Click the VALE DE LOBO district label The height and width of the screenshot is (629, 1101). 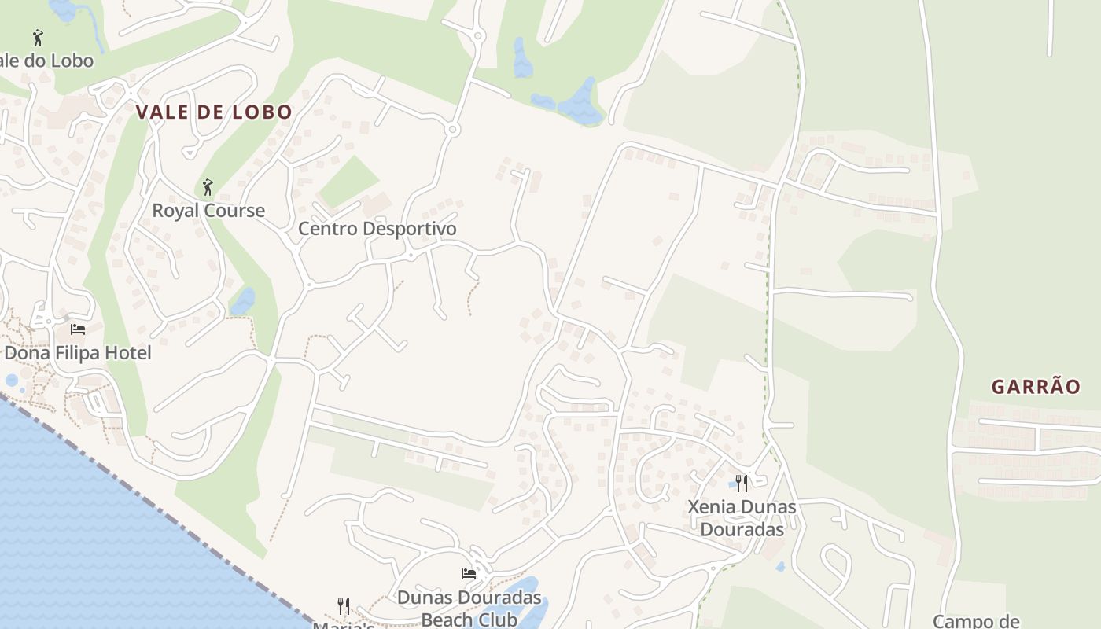coord(214,112)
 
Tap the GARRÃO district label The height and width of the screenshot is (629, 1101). coord(1036,387)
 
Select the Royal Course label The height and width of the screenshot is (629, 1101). coord(208,211)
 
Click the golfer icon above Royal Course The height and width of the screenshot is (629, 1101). coord(208,187)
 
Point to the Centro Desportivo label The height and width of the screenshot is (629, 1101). coord(377,229)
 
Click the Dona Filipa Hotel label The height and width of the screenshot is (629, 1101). coord(78,353)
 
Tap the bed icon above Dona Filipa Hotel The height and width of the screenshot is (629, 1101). coord(78,329)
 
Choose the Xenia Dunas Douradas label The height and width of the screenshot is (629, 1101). coord(742,517)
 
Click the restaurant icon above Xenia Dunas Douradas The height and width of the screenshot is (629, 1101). coord(742,483)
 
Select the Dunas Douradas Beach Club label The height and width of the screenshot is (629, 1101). coord(469,608)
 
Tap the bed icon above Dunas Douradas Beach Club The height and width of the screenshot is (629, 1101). coord(469,574)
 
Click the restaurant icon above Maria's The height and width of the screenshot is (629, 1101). coord(344,606)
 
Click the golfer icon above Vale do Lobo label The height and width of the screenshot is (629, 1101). coord(38,37)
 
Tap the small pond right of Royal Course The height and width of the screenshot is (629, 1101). coord(243,301)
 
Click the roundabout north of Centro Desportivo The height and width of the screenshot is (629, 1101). coord(452,130)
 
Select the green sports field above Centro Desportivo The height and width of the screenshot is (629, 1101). coord(349,182)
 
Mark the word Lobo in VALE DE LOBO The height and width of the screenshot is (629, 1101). coord(262,112)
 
